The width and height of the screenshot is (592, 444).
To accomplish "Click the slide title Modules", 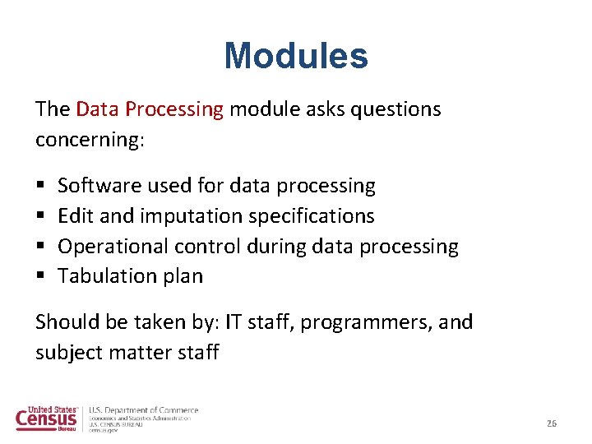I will point(296,56).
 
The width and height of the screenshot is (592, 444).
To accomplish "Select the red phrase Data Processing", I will point(150,109).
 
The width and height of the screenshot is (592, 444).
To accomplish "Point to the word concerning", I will point(89,140).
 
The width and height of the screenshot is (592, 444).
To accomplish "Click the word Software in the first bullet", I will point(95,186).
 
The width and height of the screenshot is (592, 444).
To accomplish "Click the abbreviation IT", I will point(234,321).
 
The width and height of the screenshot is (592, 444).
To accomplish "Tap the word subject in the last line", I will point(67,353).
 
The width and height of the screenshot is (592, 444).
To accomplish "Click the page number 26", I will point(552,423).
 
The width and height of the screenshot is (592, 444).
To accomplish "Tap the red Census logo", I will point(48,419).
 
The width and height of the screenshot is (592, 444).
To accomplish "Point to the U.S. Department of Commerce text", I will point(144,409).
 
